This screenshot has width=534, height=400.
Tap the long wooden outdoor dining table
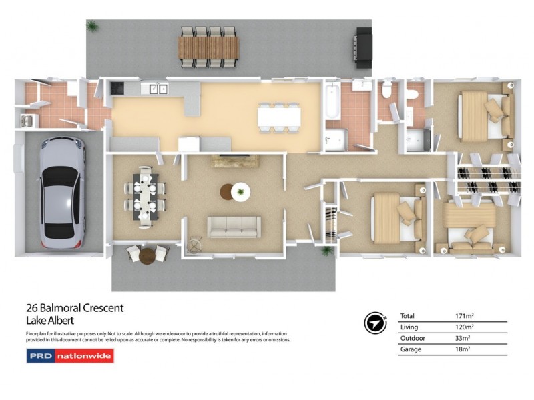coord(208,47)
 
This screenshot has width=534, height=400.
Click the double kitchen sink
coord(158,87)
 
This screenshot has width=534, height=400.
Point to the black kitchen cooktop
coord(117,87)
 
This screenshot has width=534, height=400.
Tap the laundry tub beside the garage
coord(29,121)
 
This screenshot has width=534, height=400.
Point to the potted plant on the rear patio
coord(93,27)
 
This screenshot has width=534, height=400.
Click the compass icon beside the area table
coord(376,322)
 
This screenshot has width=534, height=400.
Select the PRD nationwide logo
coord(70,356)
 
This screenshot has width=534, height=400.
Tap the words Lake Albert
coord(50,320)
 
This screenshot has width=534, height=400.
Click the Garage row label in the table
coord(411,349)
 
